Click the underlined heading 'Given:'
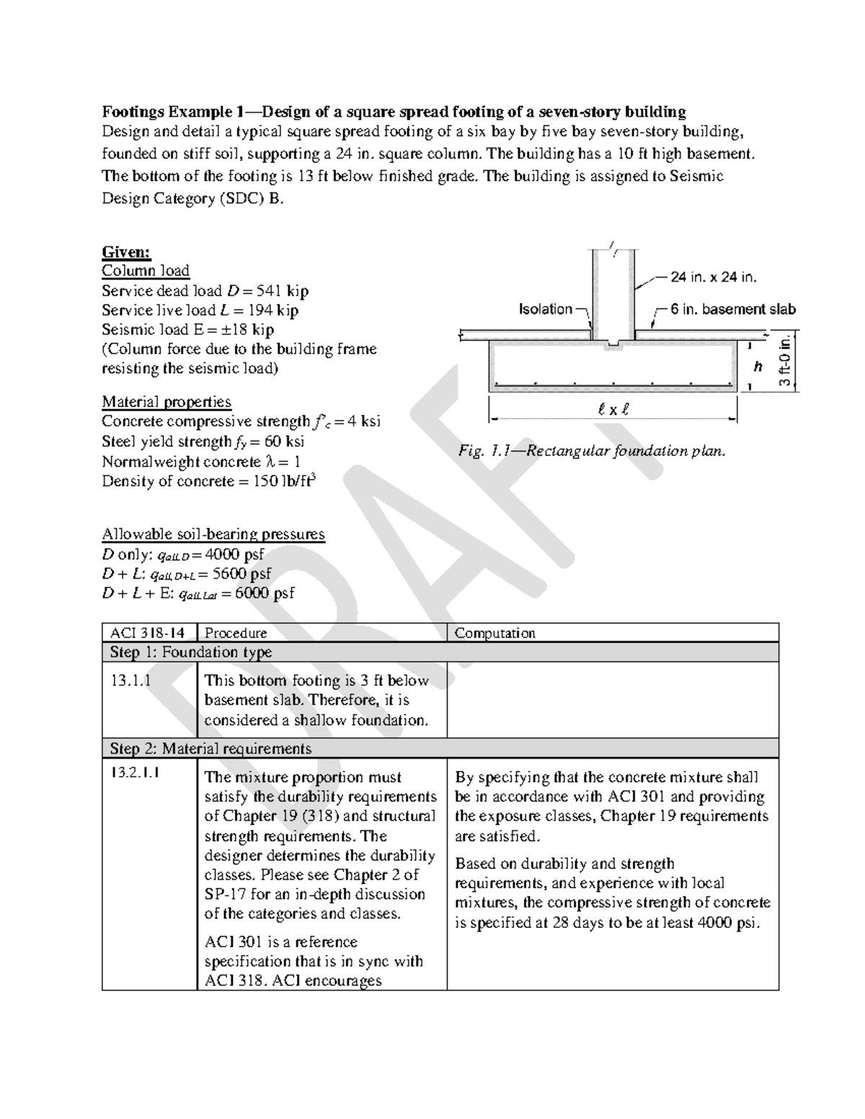126,251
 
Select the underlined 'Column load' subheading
145,271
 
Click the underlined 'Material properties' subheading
167,402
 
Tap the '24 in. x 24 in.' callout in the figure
713,277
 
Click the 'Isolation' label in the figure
545,309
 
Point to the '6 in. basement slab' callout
732,309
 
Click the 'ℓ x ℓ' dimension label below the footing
613,410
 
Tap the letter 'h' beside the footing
758,367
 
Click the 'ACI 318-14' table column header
147,633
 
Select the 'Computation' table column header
494,633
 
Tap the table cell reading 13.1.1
130,681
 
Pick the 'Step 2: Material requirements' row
210,749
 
